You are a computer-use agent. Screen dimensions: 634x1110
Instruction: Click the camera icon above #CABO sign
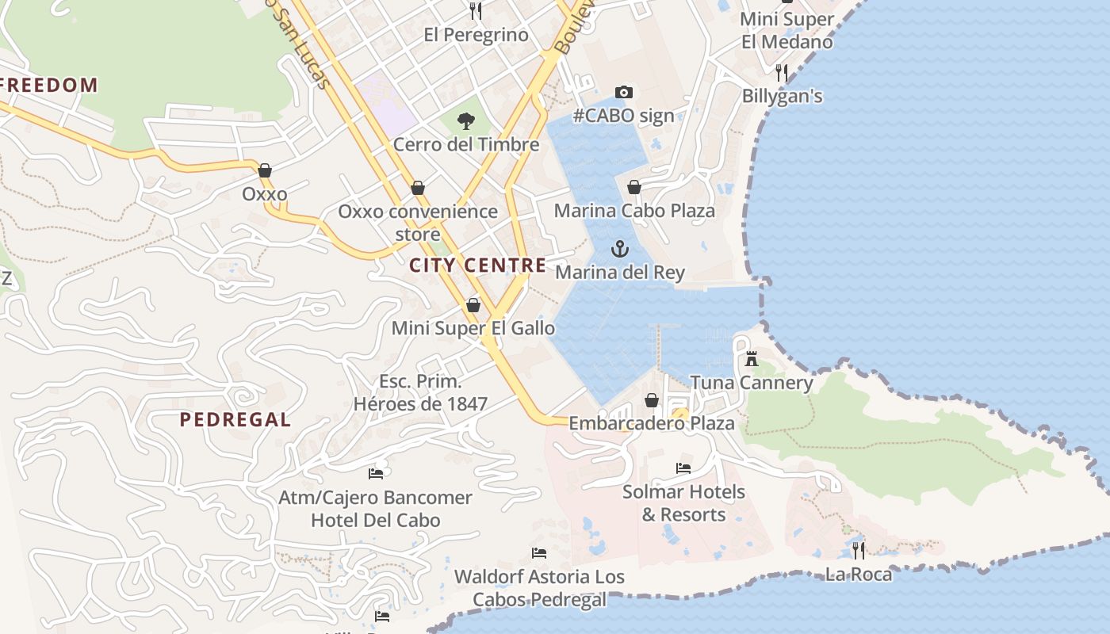624,93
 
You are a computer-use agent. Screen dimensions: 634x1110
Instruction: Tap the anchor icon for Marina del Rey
620,250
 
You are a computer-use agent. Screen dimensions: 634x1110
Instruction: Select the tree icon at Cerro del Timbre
466,121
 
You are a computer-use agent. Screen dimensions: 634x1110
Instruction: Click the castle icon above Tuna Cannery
752,359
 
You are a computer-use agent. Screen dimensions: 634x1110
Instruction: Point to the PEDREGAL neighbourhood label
235,420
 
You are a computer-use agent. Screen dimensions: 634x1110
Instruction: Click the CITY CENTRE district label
478,265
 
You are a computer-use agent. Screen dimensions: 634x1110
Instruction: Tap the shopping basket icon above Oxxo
265,170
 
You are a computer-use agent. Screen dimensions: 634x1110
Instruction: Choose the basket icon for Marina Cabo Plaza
634,187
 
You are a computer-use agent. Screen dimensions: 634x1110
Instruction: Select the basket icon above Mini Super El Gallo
473,305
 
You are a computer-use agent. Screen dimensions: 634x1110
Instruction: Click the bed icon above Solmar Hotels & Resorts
683,468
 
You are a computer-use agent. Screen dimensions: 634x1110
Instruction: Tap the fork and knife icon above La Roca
858,549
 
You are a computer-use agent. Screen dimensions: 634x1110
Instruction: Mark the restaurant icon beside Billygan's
782,73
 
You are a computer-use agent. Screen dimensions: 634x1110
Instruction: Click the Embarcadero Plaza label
652,423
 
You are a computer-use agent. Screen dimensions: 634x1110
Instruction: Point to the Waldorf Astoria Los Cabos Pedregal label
539,588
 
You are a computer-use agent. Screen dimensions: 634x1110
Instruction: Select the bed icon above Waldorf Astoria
539,553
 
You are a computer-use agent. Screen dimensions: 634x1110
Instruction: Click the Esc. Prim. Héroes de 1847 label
420,392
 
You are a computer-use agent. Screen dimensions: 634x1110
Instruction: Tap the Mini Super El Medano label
787,30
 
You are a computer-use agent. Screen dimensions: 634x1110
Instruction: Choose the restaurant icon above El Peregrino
476,10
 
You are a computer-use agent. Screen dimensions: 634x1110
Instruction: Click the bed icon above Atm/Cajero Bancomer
376,474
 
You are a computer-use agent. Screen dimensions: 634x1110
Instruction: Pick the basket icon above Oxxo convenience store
418,188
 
